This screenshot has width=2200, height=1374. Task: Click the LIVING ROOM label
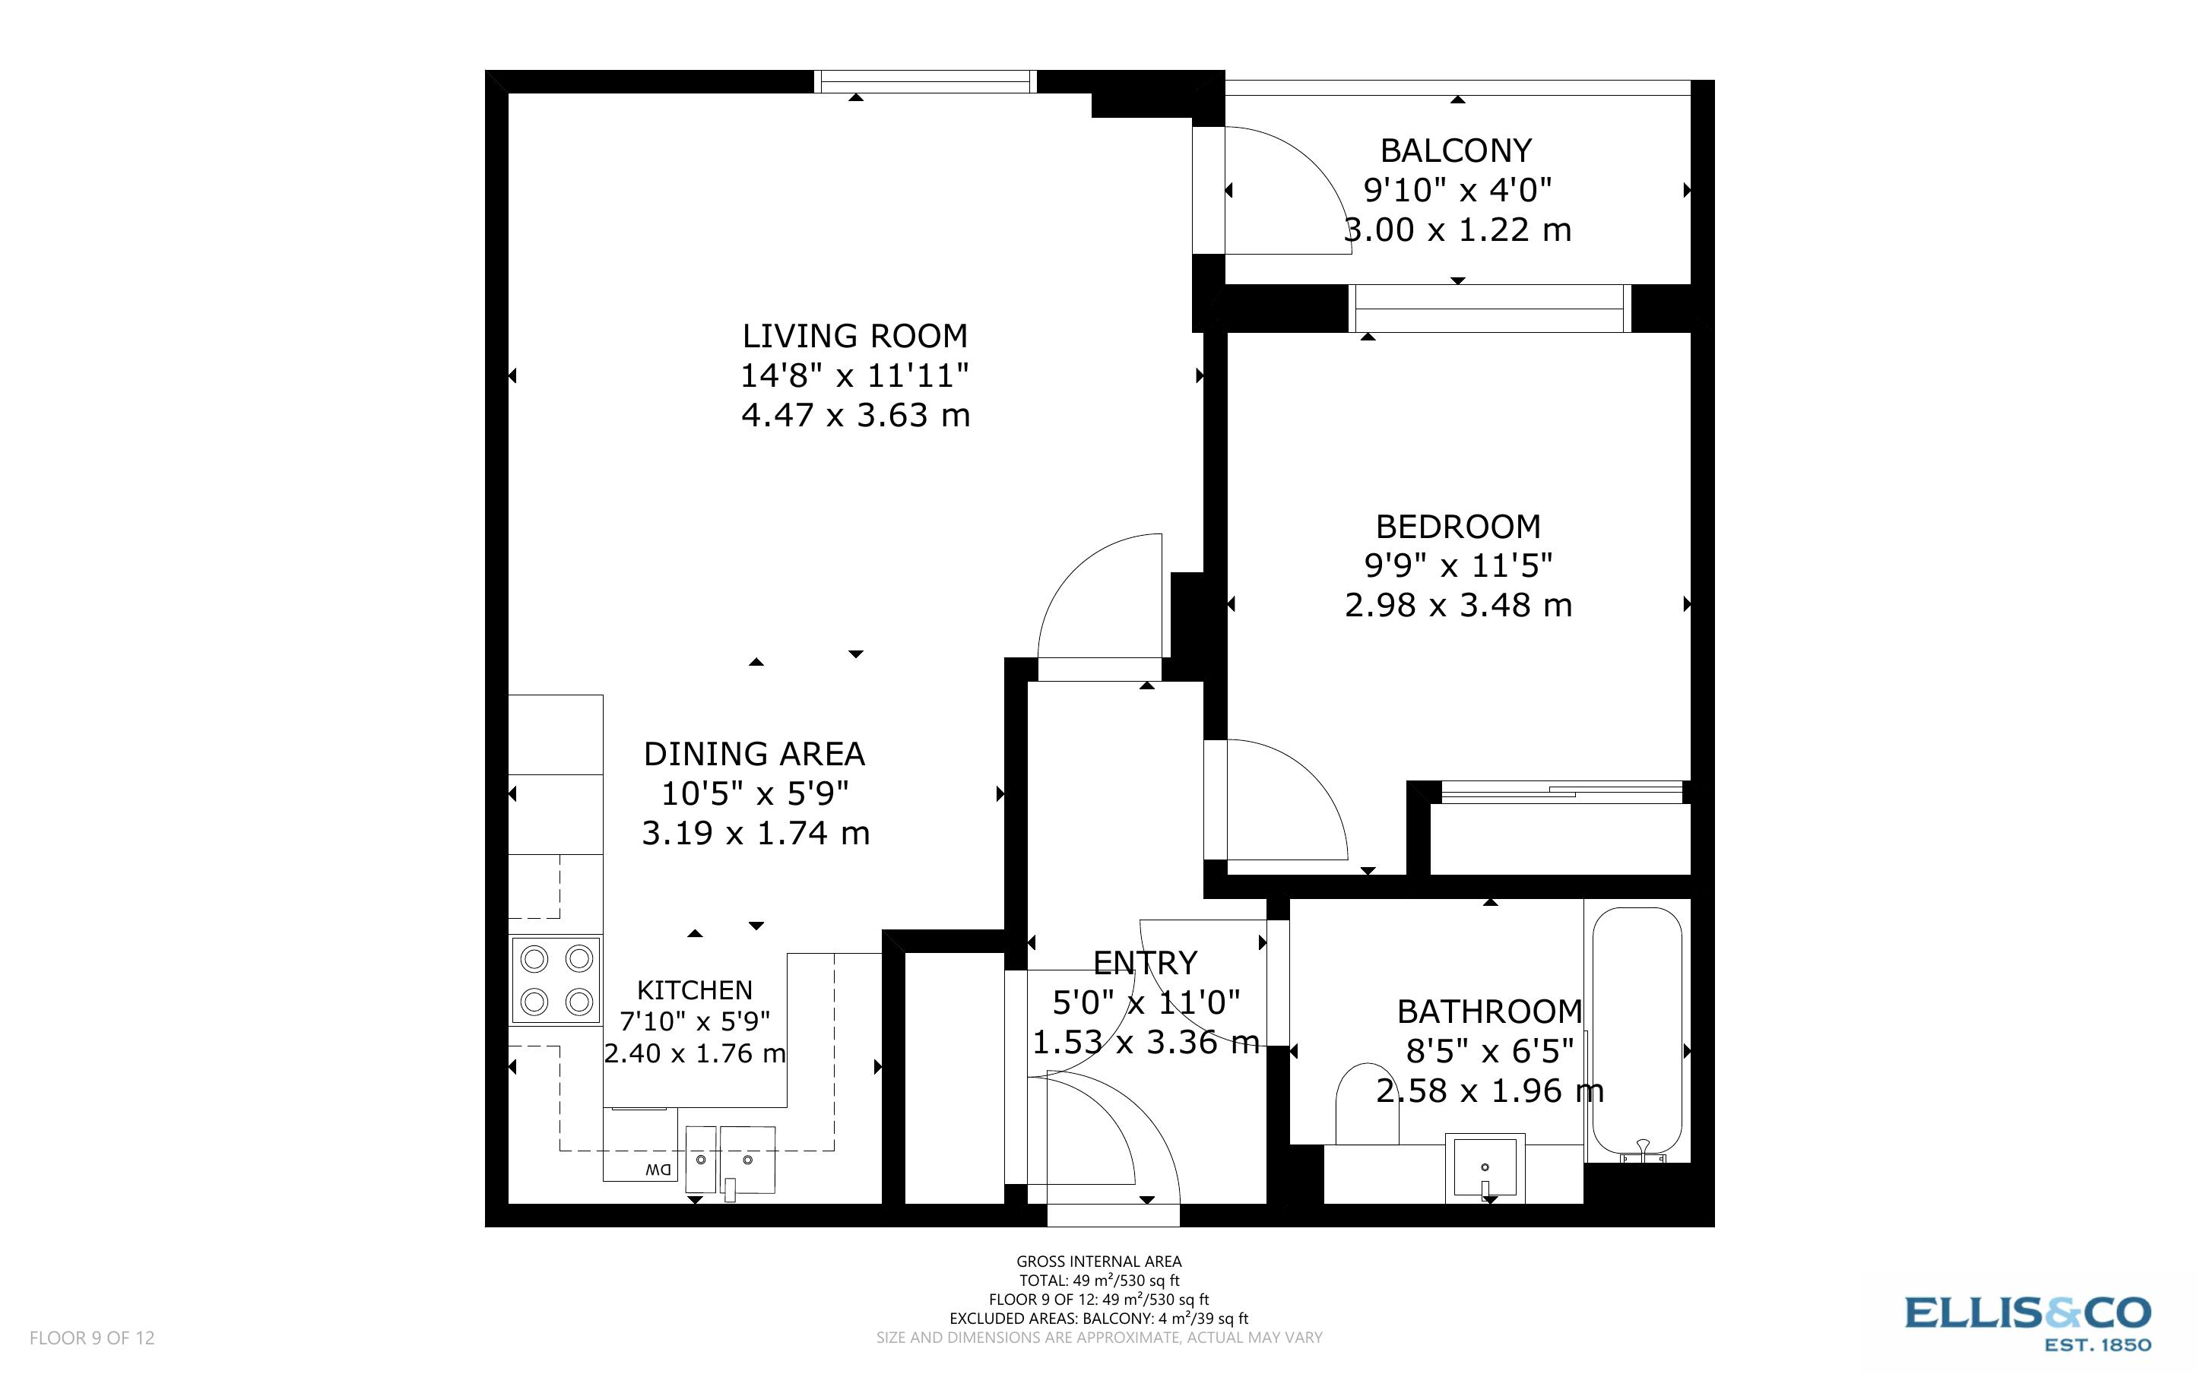point(854,336)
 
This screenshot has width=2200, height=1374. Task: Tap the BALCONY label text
point(1456,150)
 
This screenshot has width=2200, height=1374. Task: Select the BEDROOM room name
point(1457,526)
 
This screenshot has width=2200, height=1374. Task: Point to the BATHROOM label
point(1489,1012)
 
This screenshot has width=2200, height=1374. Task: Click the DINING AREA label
point(754,753)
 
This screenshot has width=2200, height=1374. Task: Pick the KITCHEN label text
point(694,989)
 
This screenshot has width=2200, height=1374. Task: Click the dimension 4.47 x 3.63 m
point(855,415)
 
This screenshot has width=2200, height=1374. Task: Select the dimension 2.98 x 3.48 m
point(1457,605)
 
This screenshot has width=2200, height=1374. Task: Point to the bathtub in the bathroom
point(1637,1031)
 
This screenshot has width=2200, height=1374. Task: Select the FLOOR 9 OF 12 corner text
point(92,1338)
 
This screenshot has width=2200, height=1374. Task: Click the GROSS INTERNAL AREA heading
point(1098,1262)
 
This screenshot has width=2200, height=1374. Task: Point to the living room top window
point(925,82)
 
